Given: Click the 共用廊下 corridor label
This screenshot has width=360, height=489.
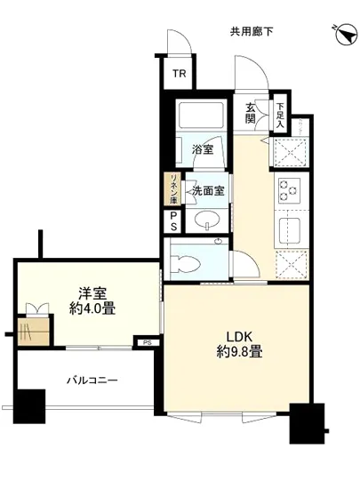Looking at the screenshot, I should [251, 33].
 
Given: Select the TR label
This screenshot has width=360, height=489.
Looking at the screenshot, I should [179, 74].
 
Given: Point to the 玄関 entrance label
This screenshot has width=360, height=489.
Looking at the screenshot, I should [251, 113].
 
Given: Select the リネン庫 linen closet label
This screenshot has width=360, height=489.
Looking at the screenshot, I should [175, 188].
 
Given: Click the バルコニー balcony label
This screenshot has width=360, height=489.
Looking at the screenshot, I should [92, 381].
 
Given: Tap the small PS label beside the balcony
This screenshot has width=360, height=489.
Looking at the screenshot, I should [147, 341].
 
